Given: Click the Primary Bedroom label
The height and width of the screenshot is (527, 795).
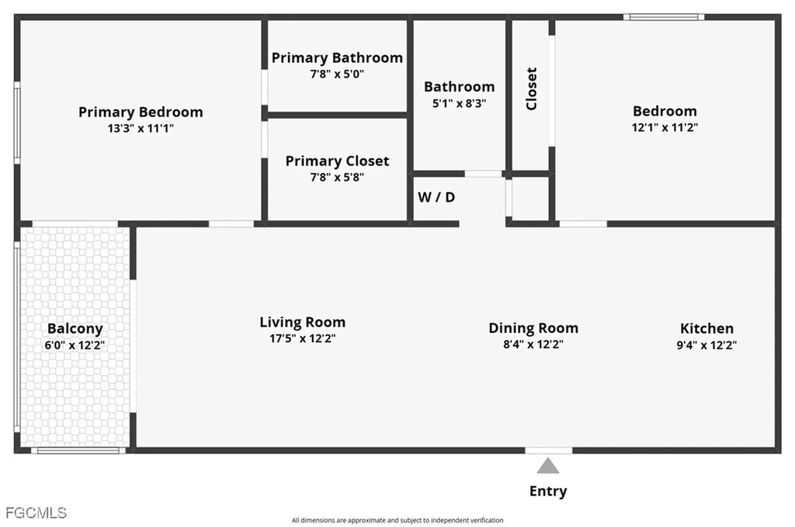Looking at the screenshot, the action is pyautogui.click(x=141, y=112).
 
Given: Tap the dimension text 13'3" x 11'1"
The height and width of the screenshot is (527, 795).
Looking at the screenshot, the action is pyautogui.click(x=141, y=128).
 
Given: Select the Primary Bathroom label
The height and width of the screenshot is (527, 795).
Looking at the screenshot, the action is pyautogui.click(x=337, y=57).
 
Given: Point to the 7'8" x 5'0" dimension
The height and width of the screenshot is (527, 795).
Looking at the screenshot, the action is pyautogui.click(x=337, y=74).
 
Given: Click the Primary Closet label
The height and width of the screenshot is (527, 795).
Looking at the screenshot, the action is pyautogui.click(x=337, y=161).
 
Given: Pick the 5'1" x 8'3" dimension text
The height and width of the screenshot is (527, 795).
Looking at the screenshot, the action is pyautogui.click(x=460, y=103).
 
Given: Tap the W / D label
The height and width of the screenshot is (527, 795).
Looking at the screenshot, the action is pyautogui.click(x=436, y=197).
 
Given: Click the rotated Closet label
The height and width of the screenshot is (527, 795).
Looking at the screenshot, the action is pyautogui.click(x=531, y=88).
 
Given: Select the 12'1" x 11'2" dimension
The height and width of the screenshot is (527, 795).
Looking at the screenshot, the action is pyautogui.click(x=665, y=127).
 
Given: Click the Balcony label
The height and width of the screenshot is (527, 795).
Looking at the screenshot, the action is pyautogui.click(x=75, y=329).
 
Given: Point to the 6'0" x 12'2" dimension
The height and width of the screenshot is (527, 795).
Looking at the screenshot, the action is pyautogui.click(x=75, y=345).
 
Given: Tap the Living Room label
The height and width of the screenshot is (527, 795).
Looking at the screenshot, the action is pyautogui.click(x=303, y=322).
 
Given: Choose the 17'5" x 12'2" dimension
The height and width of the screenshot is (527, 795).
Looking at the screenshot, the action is pyautogui.click(x=303, y=338).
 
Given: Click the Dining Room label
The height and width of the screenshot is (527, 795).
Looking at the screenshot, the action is pyautogui.click(x=533, y=328).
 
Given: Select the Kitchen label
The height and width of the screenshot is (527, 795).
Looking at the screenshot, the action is pyautogui.click(x=706, y=328).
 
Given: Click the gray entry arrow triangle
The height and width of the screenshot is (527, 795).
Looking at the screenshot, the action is pyautogui.click(x=548, y=466).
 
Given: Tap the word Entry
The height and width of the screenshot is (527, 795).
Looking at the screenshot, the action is pyautogui.click(x=548, y=491).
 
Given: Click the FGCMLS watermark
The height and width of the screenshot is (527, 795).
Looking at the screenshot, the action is pyautogui.click(x=36, y=513).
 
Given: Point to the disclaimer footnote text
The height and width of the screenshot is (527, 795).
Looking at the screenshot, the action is pyautogui.click(x=397, y=521).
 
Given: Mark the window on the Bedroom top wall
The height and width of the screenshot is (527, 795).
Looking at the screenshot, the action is pyautogui.click(x=664, y=17).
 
